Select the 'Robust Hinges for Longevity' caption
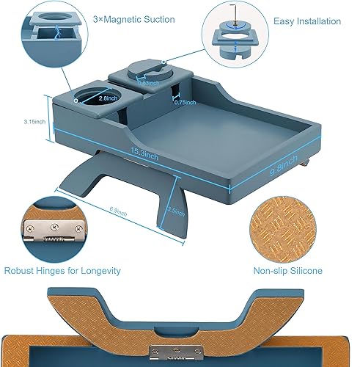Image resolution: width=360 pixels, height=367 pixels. [x=62, y=271]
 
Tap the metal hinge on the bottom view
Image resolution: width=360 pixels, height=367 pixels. [x=176, y=352]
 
